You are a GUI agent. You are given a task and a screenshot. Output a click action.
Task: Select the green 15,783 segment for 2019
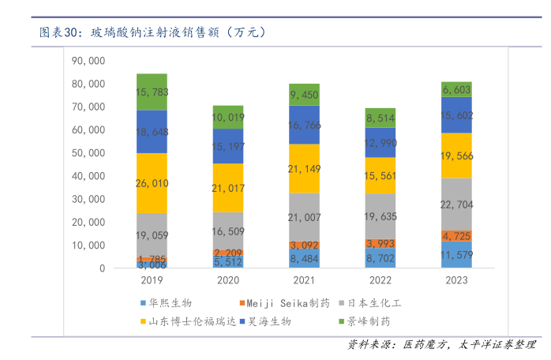(x=152, y=92)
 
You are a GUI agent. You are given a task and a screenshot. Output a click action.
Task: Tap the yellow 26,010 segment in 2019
(x=152, y=182)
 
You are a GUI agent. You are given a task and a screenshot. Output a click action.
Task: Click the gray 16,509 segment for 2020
(x=228, y=231)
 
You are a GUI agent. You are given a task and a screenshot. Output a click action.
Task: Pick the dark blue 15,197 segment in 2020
(x=228, y=146)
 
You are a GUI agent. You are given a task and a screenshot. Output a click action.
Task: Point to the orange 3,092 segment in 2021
(x=304, y=246)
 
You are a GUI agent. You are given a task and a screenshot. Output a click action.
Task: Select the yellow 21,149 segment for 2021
(x=304, y=168)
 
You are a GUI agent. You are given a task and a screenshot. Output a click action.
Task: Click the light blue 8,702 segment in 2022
(x=380, y=258)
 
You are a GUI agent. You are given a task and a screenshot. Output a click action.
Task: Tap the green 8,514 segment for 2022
(x=380, y=118)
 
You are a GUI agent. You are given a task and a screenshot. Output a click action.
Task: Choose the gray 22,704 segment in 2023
(x=456, y=204)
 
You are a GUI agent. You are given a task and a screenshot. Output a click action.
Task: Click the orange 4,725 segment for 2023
(x=456, y=236)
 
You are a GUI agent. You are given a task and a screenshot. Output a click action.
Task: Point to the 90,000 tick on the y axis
(x=88, y=61)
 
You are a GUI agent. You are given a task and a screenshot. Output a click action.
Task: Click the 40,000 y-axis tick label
(x=88, y=176)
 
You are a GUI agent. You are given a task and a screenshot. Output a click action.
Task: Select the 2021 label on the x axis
(x=304, y=280)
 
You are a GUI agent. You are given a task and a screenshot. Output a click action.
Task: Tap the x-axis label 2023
(x=456, y=280)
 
